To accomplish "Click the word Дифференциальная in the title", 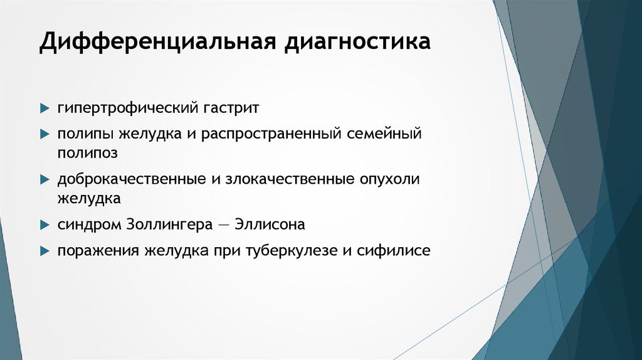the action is click(157, 42).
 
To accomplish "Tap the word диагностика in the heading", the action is click(357, 42).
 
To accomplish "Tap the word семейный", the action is click(384, 134).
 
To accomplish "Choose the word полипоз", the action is click(88, 153).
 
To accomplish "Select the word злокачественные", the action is click(290, 179).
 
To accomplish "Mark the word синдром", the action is click(89, 225).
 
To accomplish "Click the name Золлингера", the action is click(169, 225).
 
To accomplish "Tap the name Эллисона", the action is click(270, 224).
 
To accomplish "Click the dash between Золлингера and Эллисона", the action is click(224, 225).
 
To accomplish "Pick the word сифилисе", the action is click(394, 250).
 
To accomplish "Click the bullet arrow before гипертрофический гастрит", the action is click(45, 109).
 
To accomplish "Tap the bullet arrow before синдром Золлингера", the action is click(45, 225).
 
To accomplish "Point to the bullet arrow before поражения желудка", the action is click(45, 251).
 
